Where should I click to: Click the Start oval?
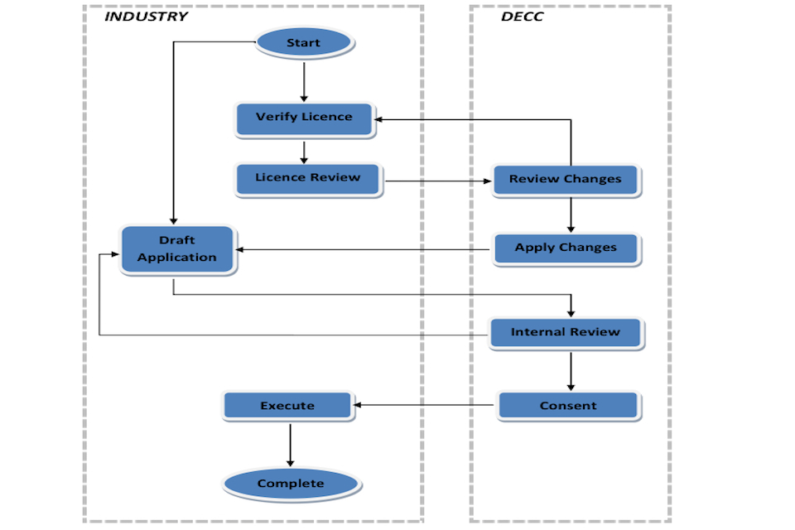click(304, 42)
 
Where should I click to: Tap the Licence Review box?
click(308, 180)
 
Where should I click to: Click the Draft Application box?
click(177, 249)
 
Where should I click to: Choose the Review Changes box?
click(566, 180)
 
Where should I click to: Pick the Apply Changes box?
click(566, 248)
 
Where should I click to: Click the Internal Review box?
click(566, 333)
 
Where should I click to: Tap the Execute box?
click(288, 406)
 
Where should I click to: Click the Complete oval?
click(291, 484)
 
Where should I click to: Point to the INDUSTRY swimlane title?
click(146, 17)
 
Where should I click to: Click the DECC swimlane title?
click(522, 17)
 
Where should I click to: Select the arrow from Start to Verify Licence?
click(304, 82)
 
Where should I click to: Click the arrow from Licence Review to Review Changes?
click(438, 181)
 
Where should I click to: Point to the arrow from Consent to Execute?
click(423, 405)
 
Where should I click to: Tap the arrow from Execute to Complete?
click(291, 445)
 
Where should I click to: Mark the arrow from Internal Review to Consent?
click(571, 371)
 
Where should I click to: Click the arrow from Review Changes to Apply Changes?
click(571, 214)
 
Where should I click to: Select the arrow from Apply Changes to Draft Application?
click(363, 249)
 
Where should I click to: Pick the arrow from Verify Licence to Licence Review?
click(304, 152)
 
